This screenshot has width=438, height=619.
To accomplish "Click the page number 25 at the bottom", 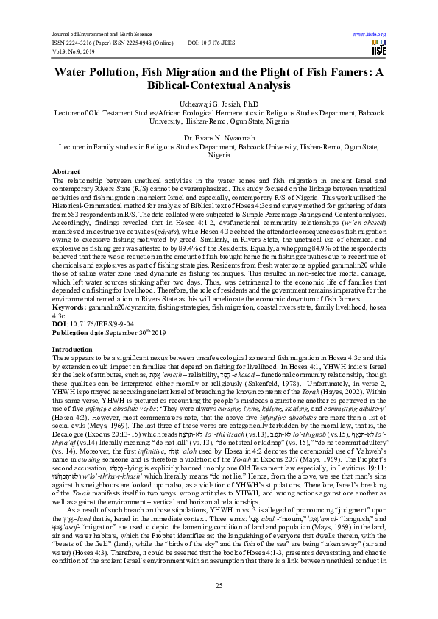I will [x=219, y=584].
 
